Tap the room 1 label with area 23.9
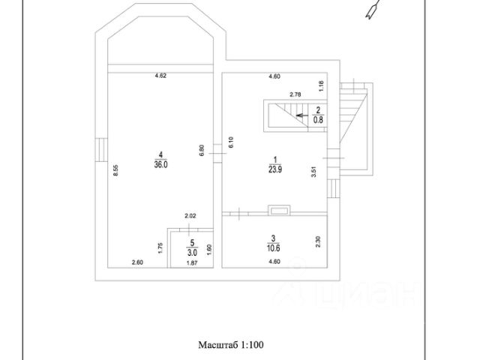point(275,163)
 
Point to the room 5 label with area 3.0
point(191,247)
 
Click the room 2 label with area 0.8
point(318,113)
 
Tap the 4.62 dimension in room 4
point(160,75)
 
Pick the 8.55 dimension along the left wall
point(115,170)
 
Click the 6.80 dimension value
point(202,149)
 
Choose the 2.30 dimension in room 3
point(319,241)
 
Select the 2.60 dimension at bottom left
point(137,262)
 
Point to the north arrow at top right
point(371,10)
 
